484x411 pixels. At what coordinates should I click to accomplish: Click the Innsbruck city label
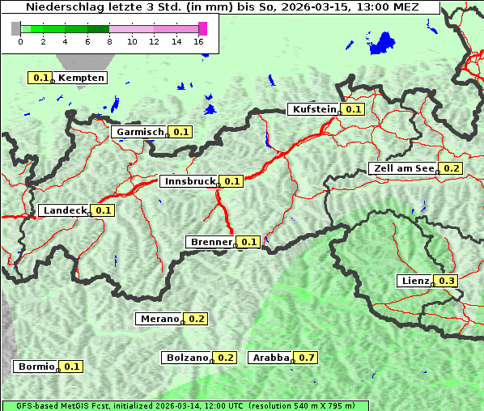click(187, 182)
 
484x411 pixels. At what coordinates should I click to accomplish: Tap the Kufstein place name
click(312, 109)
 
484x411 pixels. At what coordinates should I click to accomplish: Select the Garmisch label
click(140, 132)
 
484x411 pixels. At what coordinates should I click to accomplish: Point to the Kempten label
click(81, 78)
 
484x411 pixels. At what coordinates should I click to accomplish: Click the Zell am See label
click(402, 168)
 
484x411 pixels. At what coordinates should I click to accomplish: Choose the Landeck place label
click(64, 210)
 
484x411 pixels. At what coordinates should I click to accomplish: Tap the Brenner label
click(210, 242)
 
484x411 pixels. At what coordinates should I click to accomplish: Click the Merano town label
click(159, 319)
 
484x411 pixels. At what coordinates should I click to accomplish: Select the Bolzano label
click(188, 358)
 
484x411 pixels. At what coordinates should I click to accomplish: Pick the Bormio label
click(36, 367)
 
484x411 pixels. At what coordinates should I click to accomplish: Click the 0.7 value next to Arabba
click(306, 358)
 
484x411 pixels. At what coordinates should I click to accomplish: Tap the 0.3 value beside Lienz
click(447, 281)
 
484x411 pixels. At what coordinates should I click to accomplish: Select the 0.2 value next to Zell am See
click(451, 168)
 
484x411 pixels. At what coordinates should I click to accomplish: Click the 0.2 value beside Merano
click(197, 319)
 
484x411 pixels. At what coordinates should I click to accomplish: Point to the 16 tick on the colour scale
click(198, 41)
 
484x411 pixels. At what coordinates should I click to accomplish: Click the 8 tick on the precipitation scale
click(109, 41)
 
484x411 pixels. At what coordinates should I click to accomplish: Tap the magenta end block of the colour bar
click(202, 28)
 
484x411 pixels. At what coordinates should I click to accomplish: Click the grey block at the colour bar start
click(16, 28)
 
